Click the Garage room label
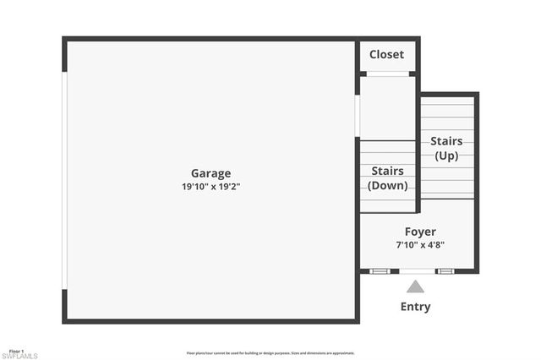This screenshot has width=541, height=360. click(x=210, y=173)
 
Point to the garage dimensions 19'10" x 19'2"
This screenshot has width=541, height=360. click(x=210, y=187)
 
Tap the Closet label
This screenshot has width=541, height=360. click(x=386, y=55)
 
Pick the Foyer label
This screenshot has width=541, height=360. click(x=420, y=232)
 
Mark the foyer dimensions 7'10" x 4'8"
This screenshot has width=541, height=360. click(x=420, y=245)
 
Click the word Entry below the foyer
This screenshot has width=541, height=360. click(x=415, y=307)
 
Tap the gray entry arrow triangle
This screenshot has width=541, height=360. click(x=415, y=287)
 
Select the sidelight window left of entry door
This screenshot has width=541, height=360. click(x=380, y=271)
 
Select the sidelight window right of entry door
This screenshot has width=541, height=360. click(x=445, y=271)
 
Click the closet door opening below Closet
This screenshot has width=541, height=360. click(x=388, y=74)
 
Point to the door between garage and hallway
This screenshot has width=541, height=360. click(x=358, y=116)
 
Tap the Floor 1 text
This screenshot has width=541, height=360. click(x=17, y=350)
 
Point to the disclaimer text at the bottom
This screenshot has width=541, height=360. click(x=270, y=353)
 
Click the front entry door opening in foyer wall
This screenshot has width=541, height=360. click(x=414, y=271)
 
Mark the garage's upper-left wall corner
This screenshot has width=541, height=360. click(x=65, y=40)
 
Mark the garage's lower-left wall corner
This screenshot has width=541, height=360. click(x=65, y=319)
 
